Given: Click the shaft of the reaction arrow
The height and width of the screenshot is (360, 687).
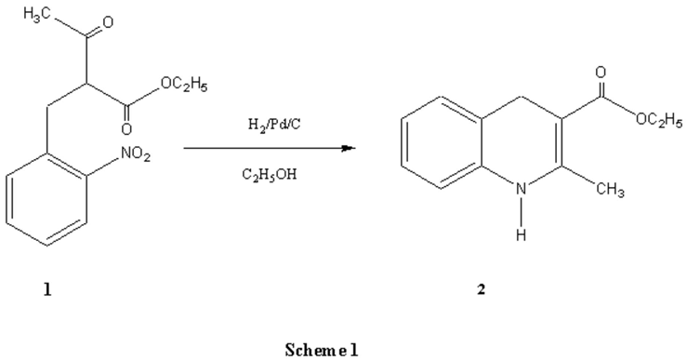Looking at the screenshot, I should click(260, 147).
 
